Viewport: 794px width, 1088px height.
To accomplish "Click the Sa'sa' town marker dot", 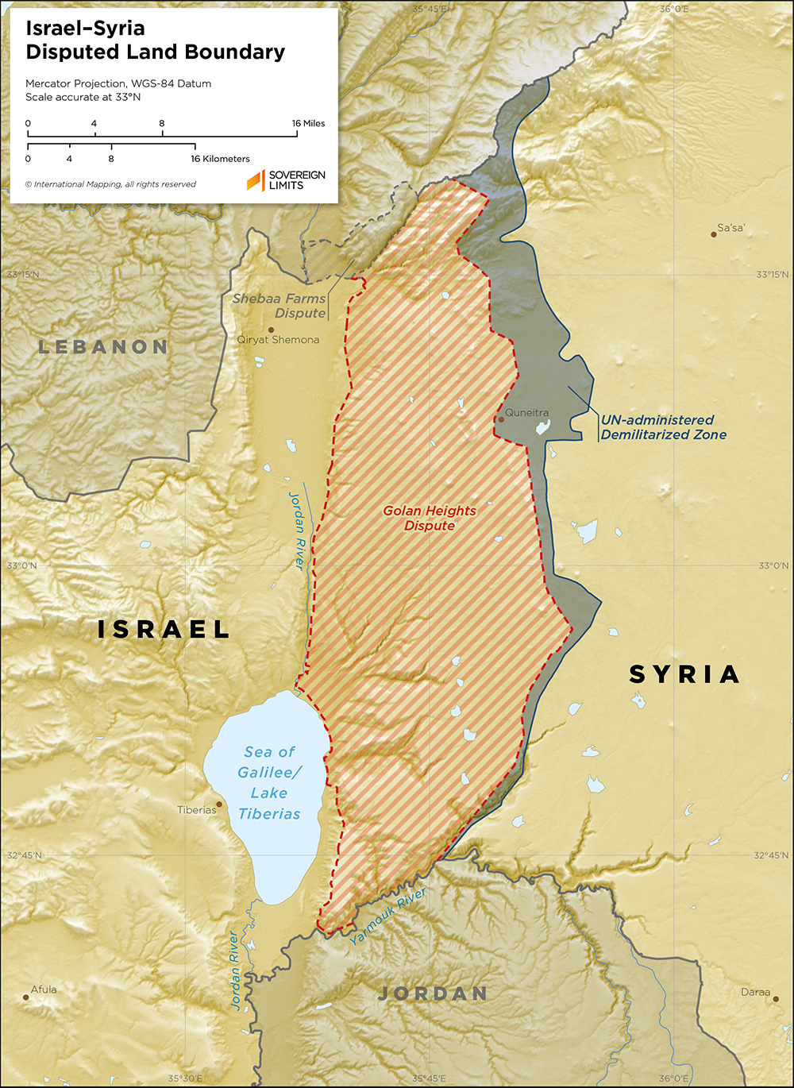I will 714,234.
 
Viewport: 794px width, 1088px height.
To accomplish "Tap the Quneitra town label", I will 527,413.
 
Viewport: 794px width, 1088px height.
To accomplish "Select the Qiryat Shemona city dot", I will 271,329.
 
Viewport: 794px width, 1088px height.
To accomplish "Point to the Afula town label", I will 44,990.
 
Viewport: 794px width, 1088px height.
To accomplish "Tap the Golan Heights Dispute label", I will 430,518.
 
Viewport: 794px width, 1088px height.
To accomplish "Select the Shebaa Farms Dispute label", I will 279,306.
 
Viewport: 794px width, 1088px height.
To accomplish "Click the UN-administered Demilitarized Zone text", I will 662,427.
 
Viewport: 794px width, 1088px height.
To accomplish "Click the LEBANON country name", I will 103,347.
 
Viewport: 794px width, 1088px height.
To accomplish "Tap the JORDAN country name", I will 433,993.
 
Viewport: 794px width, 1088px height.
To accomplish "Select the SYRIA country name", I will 684,674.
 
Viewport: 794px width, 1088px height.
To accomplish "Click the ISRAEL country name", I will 164,630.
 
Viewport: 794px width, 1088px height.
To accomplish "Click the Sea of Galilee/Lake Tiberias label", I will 269,782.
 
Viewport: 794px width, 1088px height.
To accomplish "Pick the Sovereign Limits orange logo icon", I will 255,180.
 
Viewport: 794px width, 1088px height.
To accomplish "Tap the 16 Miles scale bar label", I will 308,123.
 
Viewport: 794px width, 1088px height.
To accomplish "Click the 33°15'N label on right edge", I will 772,275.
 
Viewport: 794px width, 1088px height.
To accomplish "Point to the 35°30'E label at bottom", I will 184,1078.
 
